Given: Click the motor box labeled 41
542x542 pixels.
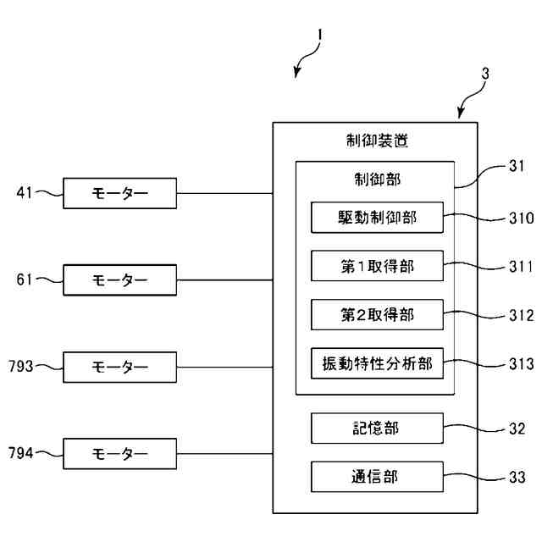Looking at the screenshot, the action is (119, 193).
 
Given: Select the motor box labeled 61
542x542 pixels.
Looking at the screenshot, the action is (119, 280).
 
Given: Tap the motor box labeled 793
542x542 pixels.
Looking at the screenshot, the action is (119, 367).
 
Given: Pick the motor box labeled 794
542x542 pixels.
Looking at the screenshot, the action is (119, 454).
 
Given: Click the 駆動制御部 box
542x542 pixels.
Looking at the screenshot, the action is (377, 218).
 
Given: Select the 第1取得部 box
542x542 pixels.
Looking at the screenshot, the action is (377, 266).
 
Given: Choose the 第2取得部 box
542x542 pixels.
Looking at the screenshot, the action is (377, 314).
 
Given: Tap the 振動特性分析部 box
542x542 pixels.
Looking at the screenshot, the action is (377, 363).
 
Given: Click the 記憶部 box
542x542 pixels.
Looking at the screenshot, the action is (377, 429).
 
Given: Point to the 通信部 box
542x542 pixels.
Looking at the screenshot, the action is (377, 477).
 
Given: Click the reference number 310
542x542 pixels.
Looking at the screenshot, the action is (522, 218).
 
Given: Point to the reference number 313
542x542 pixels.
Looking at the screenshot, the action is (522, 364).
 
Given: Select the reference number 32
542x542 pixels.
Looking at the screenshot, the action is (517, 429).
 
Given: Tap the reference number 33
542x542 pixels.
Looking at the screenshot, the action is (517, 478).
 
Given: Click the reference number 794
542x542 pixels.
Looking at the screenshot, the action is (21, 453).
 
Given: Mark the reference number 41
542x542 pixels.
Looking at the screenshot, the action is (25, 192).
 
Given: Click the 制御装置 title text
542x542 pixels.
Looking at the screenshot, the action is (377, 141).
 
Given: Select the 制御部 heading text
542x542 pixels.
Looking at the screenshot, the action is (377, 180).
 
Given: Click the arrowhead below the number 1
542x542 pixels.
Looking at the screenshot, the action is (296, 73).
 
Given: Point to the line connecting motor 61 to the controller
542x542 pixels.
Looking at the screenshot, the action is (224, 280).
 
